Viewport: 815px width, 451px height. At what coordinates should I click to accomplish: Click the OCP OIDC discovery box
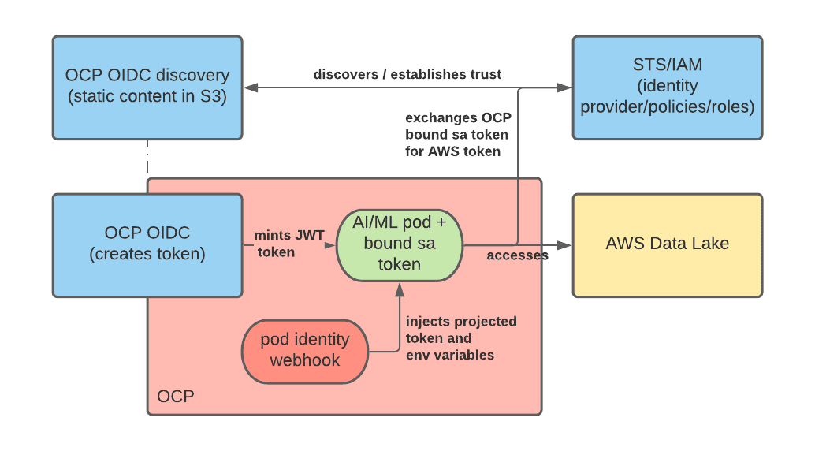147,88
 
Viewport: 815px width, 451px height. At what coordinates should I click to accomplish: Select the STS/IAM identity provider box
668,88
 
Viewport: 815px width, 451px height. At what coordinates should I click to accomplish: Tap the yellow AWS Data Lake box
668,245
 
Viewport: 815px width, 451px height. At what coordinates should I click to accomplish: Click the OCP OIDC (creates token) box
147,245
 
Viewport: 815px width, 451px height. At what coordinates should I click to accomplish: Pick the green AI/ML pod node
399,245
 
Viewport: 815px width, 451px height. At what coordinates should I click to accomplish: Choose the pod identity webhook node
305,352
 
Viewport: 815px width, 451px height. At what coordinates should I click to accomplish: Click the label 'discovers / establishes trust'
407,74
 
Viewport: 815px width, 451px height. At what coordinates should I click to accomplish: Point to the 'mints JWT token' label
289,244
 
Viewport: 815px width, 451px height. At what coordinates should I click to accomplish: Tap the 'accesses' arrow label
517,255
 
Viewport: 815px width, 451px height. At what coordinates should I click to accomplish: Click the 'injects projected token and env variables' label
461,338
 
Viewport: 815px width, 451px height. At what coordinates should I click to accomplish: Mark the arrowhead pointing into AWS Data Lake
564,245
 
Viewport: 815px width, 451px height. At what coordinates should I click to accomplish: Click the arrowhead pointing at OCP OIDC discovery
251,88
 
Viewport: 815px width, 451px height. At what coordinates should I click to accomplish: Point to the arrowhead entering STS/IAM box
565,88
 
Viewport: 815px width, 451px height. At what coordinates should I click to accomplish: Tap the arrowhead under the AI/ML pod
399,289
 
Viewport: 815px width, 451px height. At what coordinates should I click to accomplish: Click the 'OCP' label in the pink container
176,397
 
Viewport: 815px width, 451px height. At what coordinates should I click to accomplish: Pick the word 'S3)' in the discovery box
213,96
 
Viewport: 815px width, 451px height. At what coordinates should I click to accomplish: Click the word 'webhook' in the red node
305,360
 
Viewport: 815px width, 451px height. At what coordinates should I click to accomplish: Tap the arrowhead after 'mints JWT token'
330,245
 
